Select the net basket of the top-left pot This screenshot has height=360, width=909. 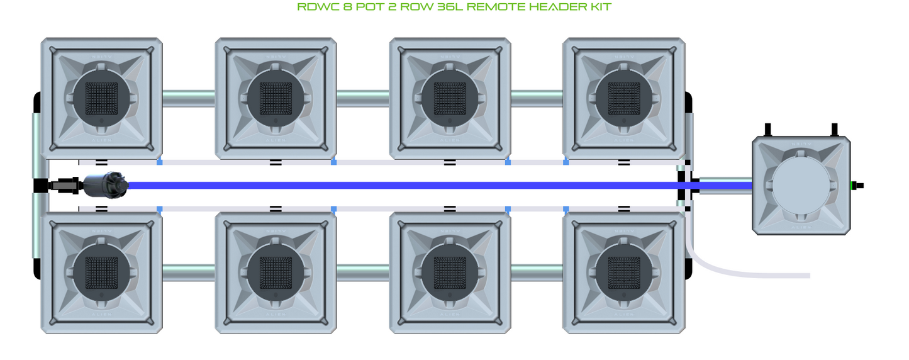tap(102, 98)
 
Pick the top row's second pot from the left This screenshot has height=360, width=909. tap(276, 98)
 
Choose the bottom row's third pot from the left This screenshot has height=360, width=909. tap(450, 273)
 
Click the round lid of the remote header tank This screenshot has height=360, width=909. tap(801, 186)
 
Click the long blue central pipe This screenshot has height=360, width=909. tap(403, 186)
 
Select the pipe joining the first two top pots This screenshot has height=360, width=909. tap(189, 98)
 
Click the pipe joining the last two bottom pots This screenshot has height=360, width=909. tap(537, 273)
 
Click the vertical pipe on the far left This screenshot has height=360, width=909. tap(36, 145)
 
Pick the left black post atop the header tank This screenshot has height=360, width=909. tap(767, 130)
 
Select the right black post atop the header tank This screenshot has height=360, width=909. tap(834, 130)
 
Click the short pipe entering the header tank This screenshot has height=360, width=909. tap(725, 186)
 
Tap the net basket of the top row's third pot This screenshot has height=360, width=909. tap(450, 98)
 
